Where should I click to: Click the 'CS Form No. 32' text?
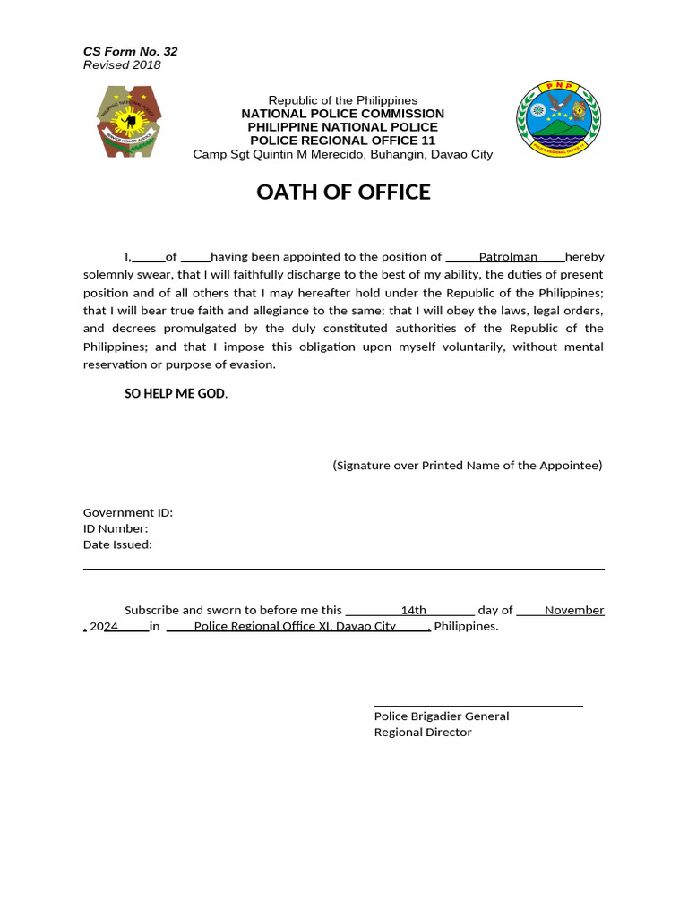pos(130,51)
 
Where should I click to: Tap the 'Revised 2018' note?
pos(122,65)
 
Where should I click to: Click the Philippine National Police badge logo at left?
pos(129,123)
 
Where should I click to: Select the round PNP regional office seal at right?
pos(558,119)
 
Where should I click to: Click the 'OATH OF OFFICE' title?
pos(343,193)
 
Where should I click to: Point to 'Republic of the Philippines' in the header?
pos(343,100)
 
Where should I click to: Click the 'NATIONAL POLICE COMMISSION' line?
pos(343,114)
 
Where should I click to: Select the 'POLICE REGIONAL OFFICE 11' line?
pos(343,141)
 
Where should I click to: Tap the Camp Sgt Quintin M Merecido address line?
pos(343,154)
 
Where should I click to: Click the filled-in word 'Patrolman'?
pos(508,257)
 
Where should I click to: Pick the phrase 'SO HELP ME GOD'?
pos(175,394)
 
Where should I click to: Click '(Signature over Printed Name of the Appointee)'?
pos(468,466)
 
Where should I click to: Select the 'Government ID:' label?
pos(128,512)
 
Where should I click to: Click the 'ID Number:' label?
pos(116,528)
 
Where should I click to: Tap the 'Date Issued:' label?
pos(117,544)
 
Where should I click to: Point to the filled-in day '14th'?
pos(414,611)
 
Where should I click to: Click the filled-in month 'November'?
pos(574,611)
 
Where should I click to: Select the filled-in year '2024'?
pos(105,627)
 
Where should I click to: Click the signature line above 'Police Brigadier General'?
pos(478,706)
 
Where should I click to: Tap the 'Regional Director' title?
pos(423,733)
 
